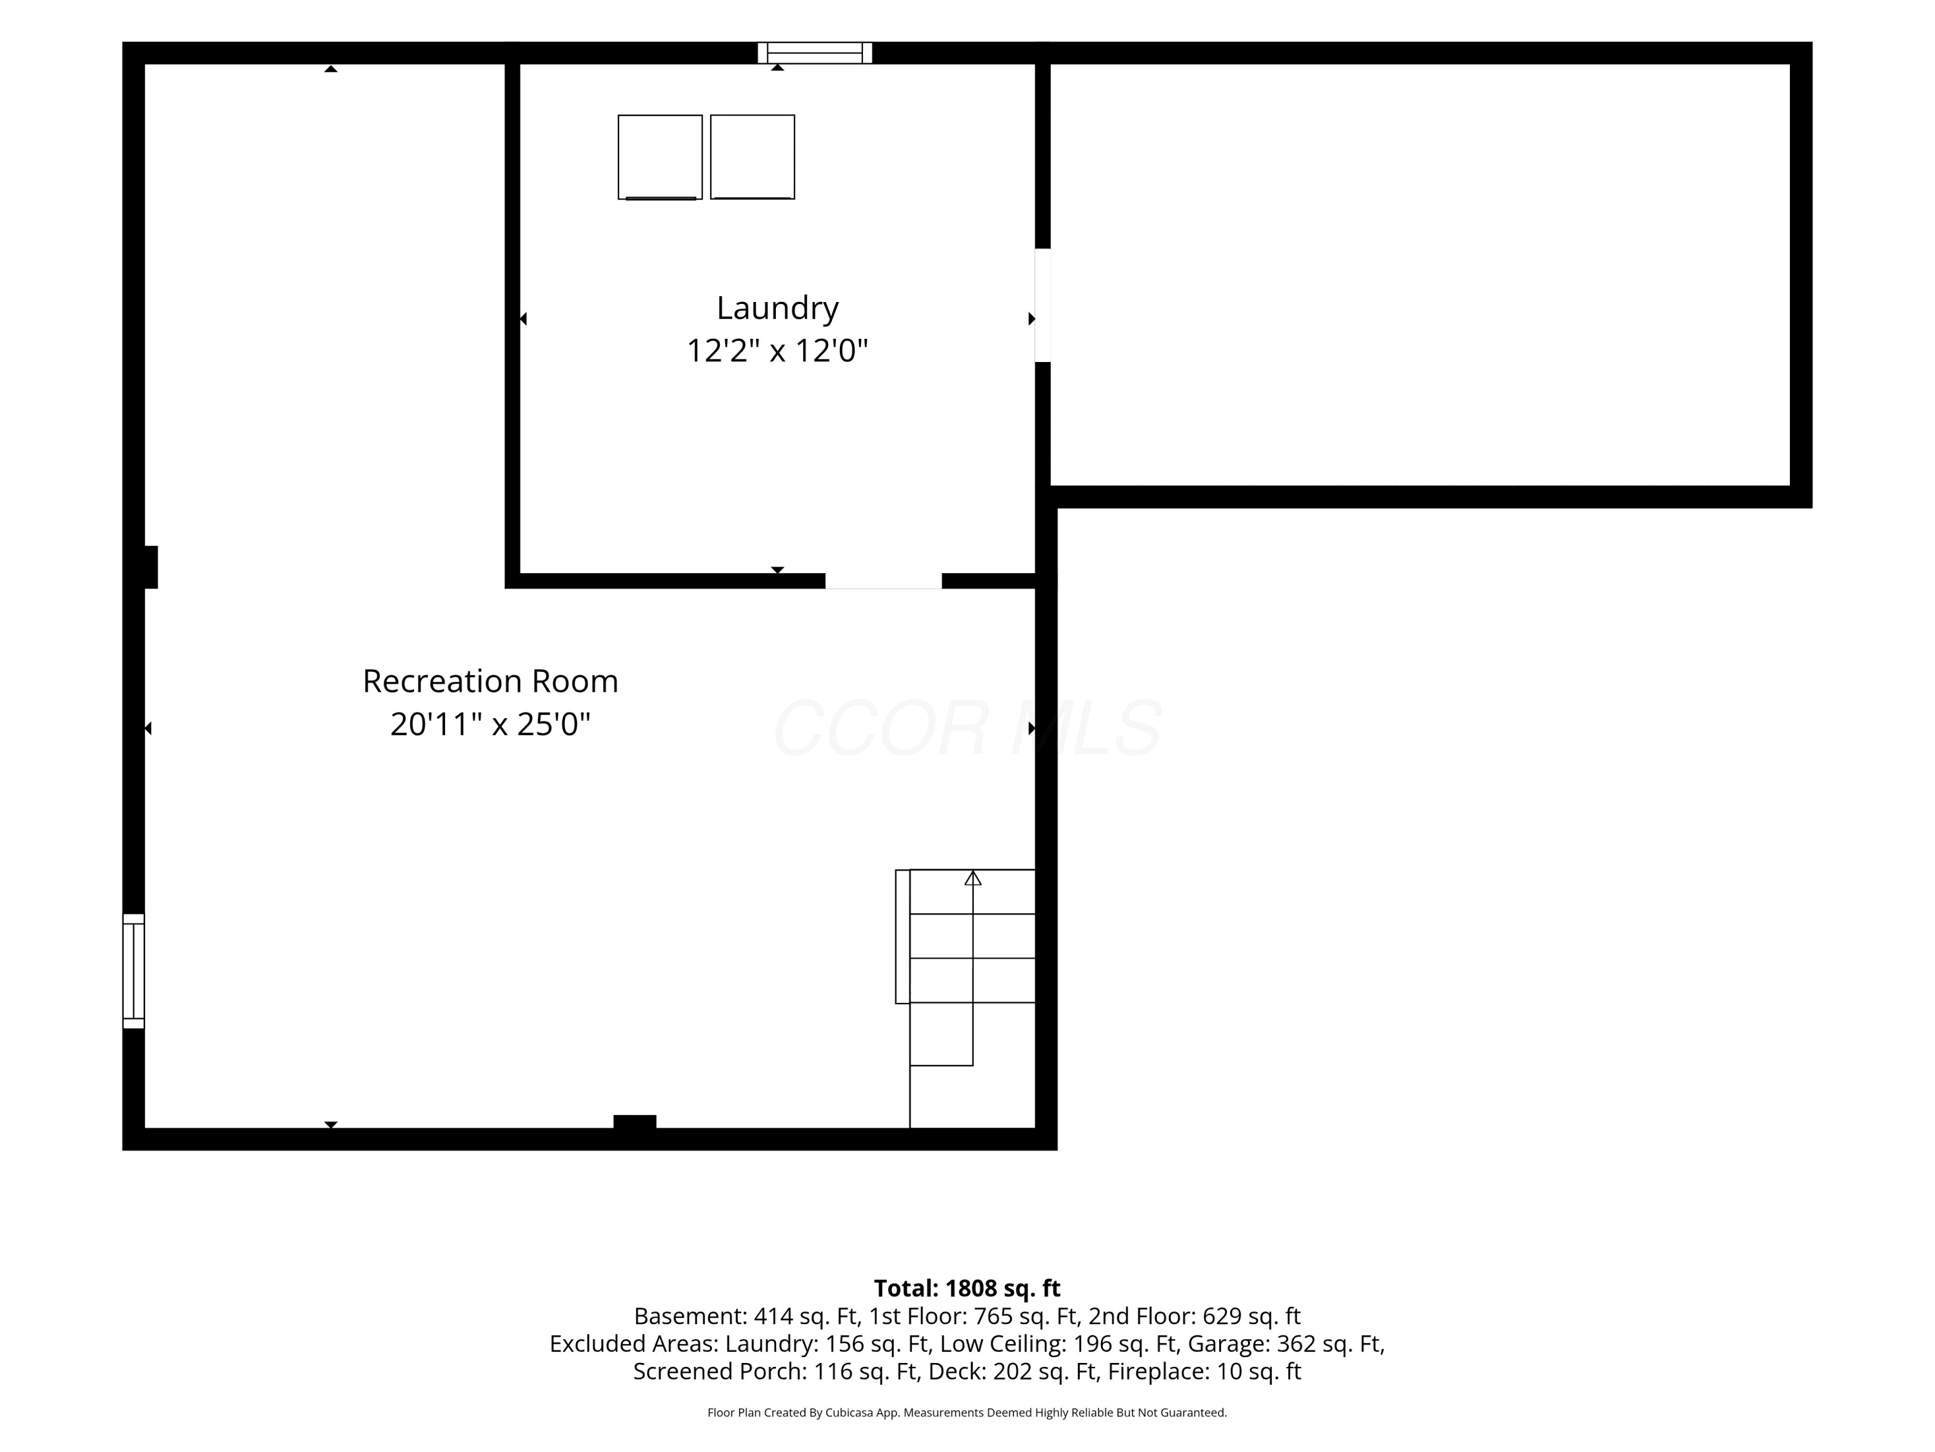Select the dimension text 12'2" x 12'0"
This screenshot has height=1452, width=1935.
coord(777,351)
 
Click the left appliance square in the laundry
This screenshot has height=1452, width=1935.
coord(660,157)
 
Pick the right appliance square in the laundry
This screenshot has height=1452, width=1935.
coord(752,157)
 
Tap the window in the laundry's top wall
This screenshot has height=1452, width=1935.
coord(815,52)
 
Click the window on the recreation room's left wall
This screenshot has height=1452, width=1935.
coord(133,971)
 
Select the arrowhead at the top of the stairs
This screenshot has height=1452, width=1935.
coord(973,878)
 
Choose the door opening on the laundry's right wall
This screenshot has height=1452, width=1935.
coord(1043,305)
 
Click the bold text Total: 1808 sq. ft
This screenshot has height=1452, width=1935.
coord(967,1288)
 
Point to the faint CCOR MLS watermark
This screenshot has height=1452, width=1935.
coord(967,728)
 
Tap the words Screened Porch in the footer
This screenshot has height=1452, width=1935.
coord(719,1371)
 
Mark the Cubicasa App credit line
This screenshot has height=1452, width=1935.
coord(967,1413)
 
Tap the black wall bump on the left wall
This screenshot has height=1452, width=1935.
coord(150,567)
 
